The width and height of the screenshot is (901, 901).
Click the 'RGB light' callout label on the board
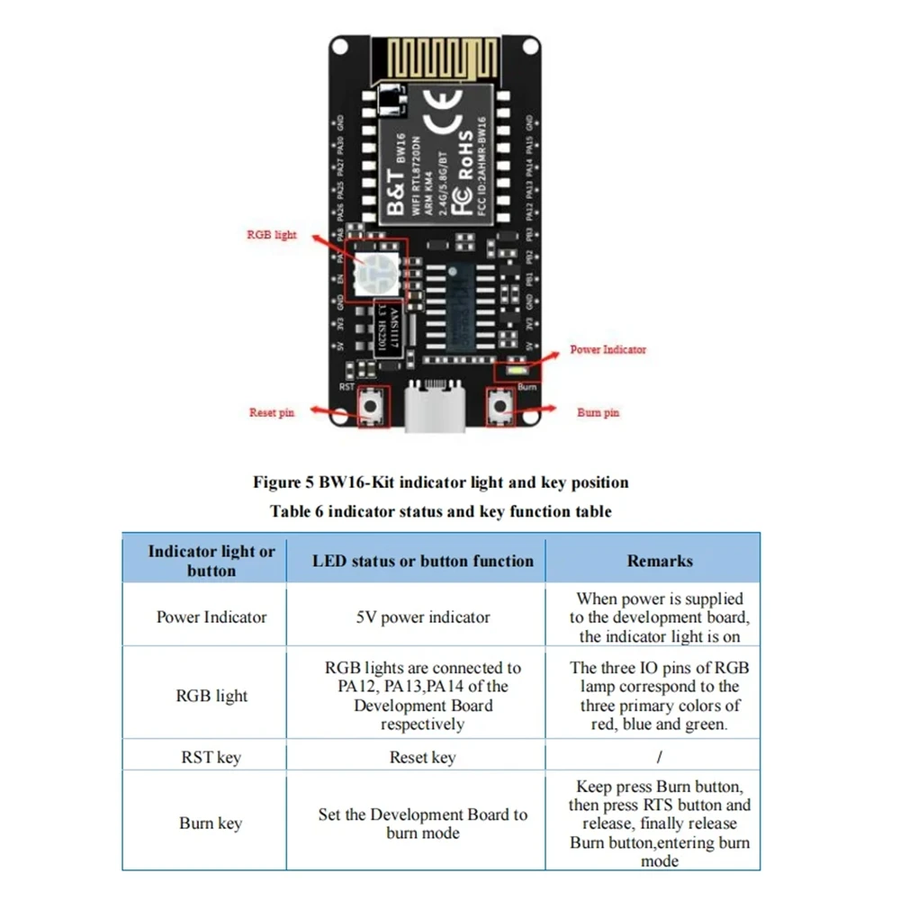coord(271,235)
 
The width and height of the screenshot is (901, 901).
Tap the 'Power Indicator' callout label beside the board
coord(608,349)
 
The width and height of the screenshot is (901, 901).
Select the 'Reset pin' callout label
coord(271,413)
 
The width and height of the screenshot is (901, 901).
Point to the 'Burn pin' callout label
coord(598,413)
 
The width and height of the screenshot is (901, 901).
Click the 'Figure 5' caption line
coord(440,482)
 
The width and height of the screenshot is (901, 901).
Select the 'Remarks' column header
coord(659,561)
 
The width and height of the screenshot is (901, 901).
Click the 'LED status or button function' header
coord(422,561)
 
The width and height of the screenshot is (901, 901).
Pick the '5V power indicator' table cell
coord(422,617)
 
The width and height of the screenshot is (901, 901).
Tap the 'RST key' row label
coord(211,758)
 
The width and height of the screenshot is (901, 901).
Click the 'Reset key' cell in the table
coord(422,758)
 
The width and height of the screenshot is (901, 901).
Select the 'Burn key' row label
coord(211,824)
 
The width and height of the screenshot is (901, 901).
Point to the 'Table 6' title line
coord(440,511)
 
